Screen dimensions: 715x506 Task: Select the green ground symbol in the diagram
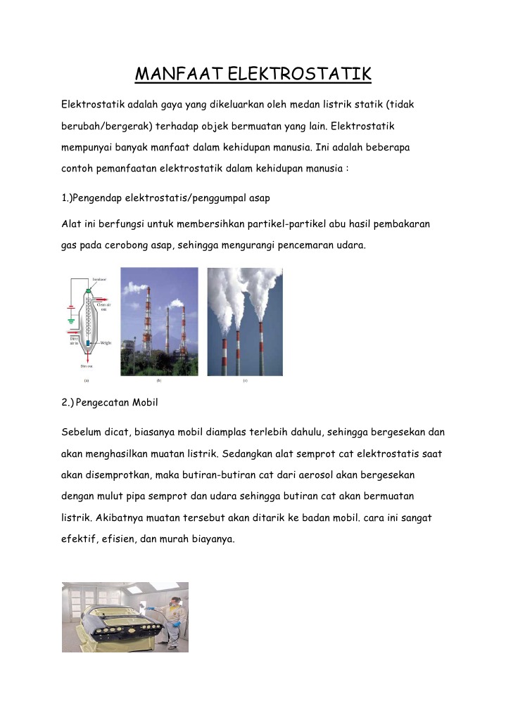click(70, 322)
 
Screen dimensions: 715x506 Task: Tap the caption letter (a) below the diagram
click(86, 381)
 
